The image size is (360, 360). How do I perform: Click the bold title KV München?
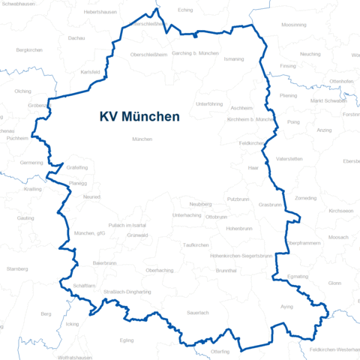pyautogui.click(x=139, y=117)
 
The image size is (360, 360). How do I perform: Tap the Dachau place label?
pyautogui.click(x=76, y=37)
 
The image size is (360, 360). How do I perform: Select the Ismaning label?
pyautogui.click(x=234, y=58)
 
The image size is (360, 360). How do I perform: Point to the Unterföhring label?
pyautogui.click(x=209, y=103)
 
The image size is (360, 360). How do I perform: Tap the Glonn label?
pyautogui.click(x=334, y=283)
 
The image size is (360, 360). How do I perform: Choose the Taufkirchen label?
pyautogui.click(x=196, y=245)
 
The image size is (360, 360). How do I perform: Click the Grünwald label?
pyautogui.click(x=138, y=235)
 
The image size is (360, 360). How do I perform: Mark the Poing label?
pyautogui.click(x=292, y=121)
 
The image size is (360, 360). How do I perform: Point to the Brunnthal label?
pyautogui.click(x=226, y=270)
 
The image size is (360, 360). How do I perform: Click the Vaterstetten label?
pyautogui.click(x=289, y=159)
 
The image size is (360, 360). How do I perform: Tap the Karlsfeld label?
pyautogui.click(x=90, y=72)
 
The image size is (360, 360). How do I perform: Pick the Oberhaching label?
pyautogui.click(x=160, y=270)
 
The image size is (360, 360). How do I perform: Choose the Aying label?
pyautogui.click(x=286, y=307)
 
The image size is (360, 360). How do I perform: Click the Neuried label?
pyautogui.click(x=92, y=197)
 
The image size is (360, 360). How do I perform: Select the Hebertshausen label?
pyautogui.click(x=100, y=12)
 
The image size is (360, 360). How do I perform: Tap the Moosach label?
pyautogui.click(x=338, y=237)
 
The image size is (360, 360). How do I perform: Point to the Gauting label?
pyautogui.click(x=25, y=218)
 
